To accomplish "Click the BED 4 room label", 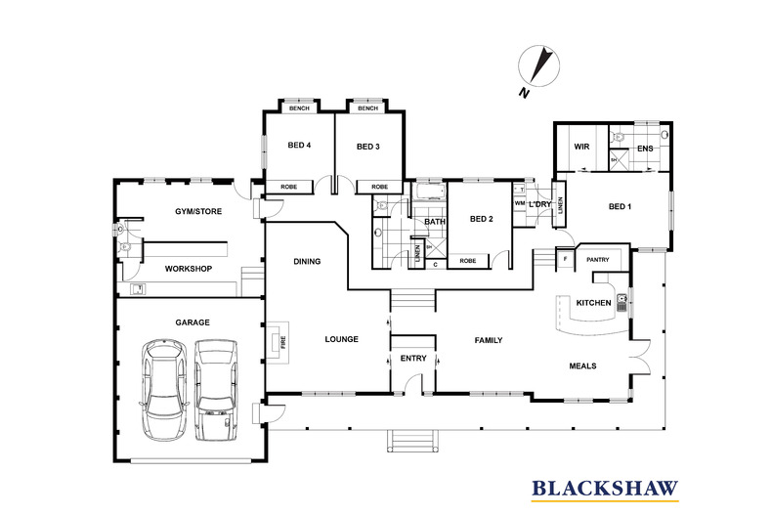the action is point(299,146).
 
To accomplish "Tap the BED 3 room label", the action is point(368,147).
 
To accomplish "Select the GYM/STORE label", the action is point(198,212).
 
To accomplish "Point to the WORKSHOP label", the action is point(189,269).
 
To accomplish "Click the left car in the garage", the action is point(164,390).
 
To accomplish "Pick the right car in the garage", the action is point(216,390).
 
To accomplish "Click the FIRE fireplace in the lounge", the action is point(279,343).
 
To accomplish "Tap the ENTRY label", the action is point(413,359).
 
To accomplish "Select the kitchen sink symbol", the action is point(622,303).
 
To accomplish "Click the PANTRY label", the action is point(598,260).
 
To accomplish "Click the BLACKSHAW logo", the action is point(605,490).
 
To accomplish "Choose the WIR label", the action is point(581,147).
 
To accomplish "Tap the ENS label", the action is point(645,149).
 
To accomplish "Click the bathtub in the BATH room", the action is point(428,192).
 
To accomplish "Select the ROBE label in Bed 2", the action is point(468,261).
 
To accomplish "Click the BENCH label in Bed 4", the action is point(299,108).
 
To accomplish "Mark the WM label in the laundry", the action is point(520,203).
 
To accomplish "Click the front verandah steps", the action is point(412,441).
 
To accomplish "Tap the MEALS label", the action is point(583,366).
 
